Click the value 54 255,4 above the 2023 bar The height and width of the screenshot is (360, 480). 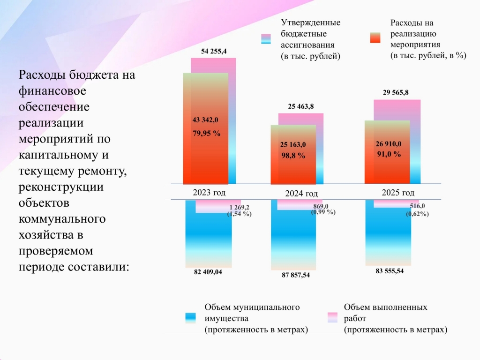click(x=214, y=52)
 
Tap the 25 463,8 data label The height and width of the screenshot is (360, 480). click(x=300, y=106)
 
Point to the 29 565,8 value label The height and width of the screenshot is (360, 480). click(x=396, y=92)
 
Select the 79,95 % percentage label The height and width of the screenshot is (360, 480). click(x=206, y=133)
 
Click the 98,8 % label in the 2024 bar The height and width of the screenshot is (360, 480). click(x=293, y=156)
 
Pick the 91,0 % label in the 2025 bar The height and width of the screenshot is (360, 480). click(x=389, y=154)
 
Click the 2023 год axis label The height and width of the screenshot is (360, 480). click(x=209, y=193)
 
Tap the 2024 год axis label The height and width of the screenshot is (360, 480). click(x=301, y=194)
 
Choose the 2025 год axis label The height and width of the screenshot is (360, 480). click(x=398, y=193)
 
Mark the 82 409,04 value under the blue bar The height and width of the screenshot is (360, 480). click(x=208, y=272)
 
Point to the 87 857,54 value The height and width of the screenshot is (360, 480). click(x=296, y=275)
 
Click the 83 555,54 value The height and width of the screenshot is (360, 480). click(x=390, y=271)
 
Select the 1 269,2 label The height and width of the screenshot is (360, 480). click(x=239, y=208)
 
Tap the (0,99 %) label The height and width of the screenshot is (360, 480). click(x=323, y=212)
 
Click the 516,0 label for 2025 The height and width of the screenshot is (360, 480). click(x=417, y=206)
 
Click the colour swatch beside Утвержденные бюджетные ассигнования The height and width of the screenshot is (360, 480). click(x=266, y=39)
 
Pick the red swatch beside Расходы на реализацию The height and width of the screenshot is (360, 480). click(x=375, y=37)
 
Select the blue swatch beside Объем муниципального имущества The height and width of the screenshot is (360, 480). click(x=190, y=318)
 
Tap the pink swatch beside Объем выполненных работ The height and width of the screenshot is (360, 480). click(x=332, y=317)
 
